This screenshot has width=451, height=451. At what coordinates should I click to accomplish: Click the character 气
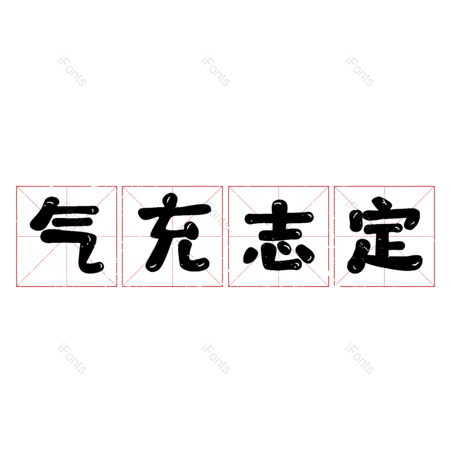67,236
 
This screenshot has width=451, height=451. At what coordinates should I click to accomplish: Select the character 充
173,236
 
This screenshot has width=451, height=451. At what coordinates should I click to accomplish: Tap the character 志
278,236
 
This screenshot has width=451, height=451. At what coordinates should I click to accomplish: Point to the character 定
384,236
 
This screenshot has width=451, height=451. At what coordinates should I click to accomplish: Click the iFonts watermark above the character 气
72,71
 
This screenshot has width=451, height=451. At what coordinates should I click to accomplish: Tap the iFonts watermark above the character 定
359,71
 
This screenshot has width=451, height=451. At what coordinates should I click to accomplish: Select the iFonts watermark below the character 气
72,359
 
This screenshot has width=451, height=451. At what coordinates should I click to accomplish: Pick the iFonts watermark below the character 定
359,359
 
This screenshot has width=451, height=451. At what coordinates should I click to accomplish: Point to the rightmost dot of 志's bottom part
309,255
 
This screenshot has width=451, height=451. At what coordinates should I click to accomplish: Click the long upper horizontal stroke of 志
278,218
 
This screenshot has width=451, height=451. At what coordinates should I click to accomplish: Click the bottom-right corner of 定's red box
434,286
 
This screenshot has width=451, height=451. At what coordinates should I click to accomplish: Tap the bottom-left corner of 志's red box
229,286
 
